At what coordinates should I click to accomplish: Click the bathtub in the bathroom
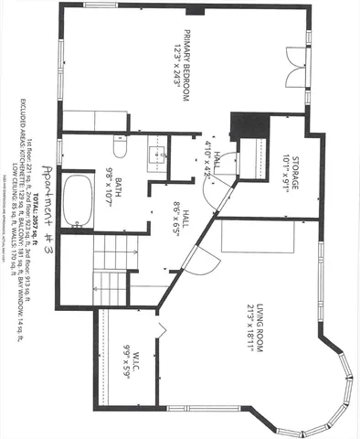82,198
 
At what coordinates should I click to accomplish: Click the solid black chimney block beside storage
248,121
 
